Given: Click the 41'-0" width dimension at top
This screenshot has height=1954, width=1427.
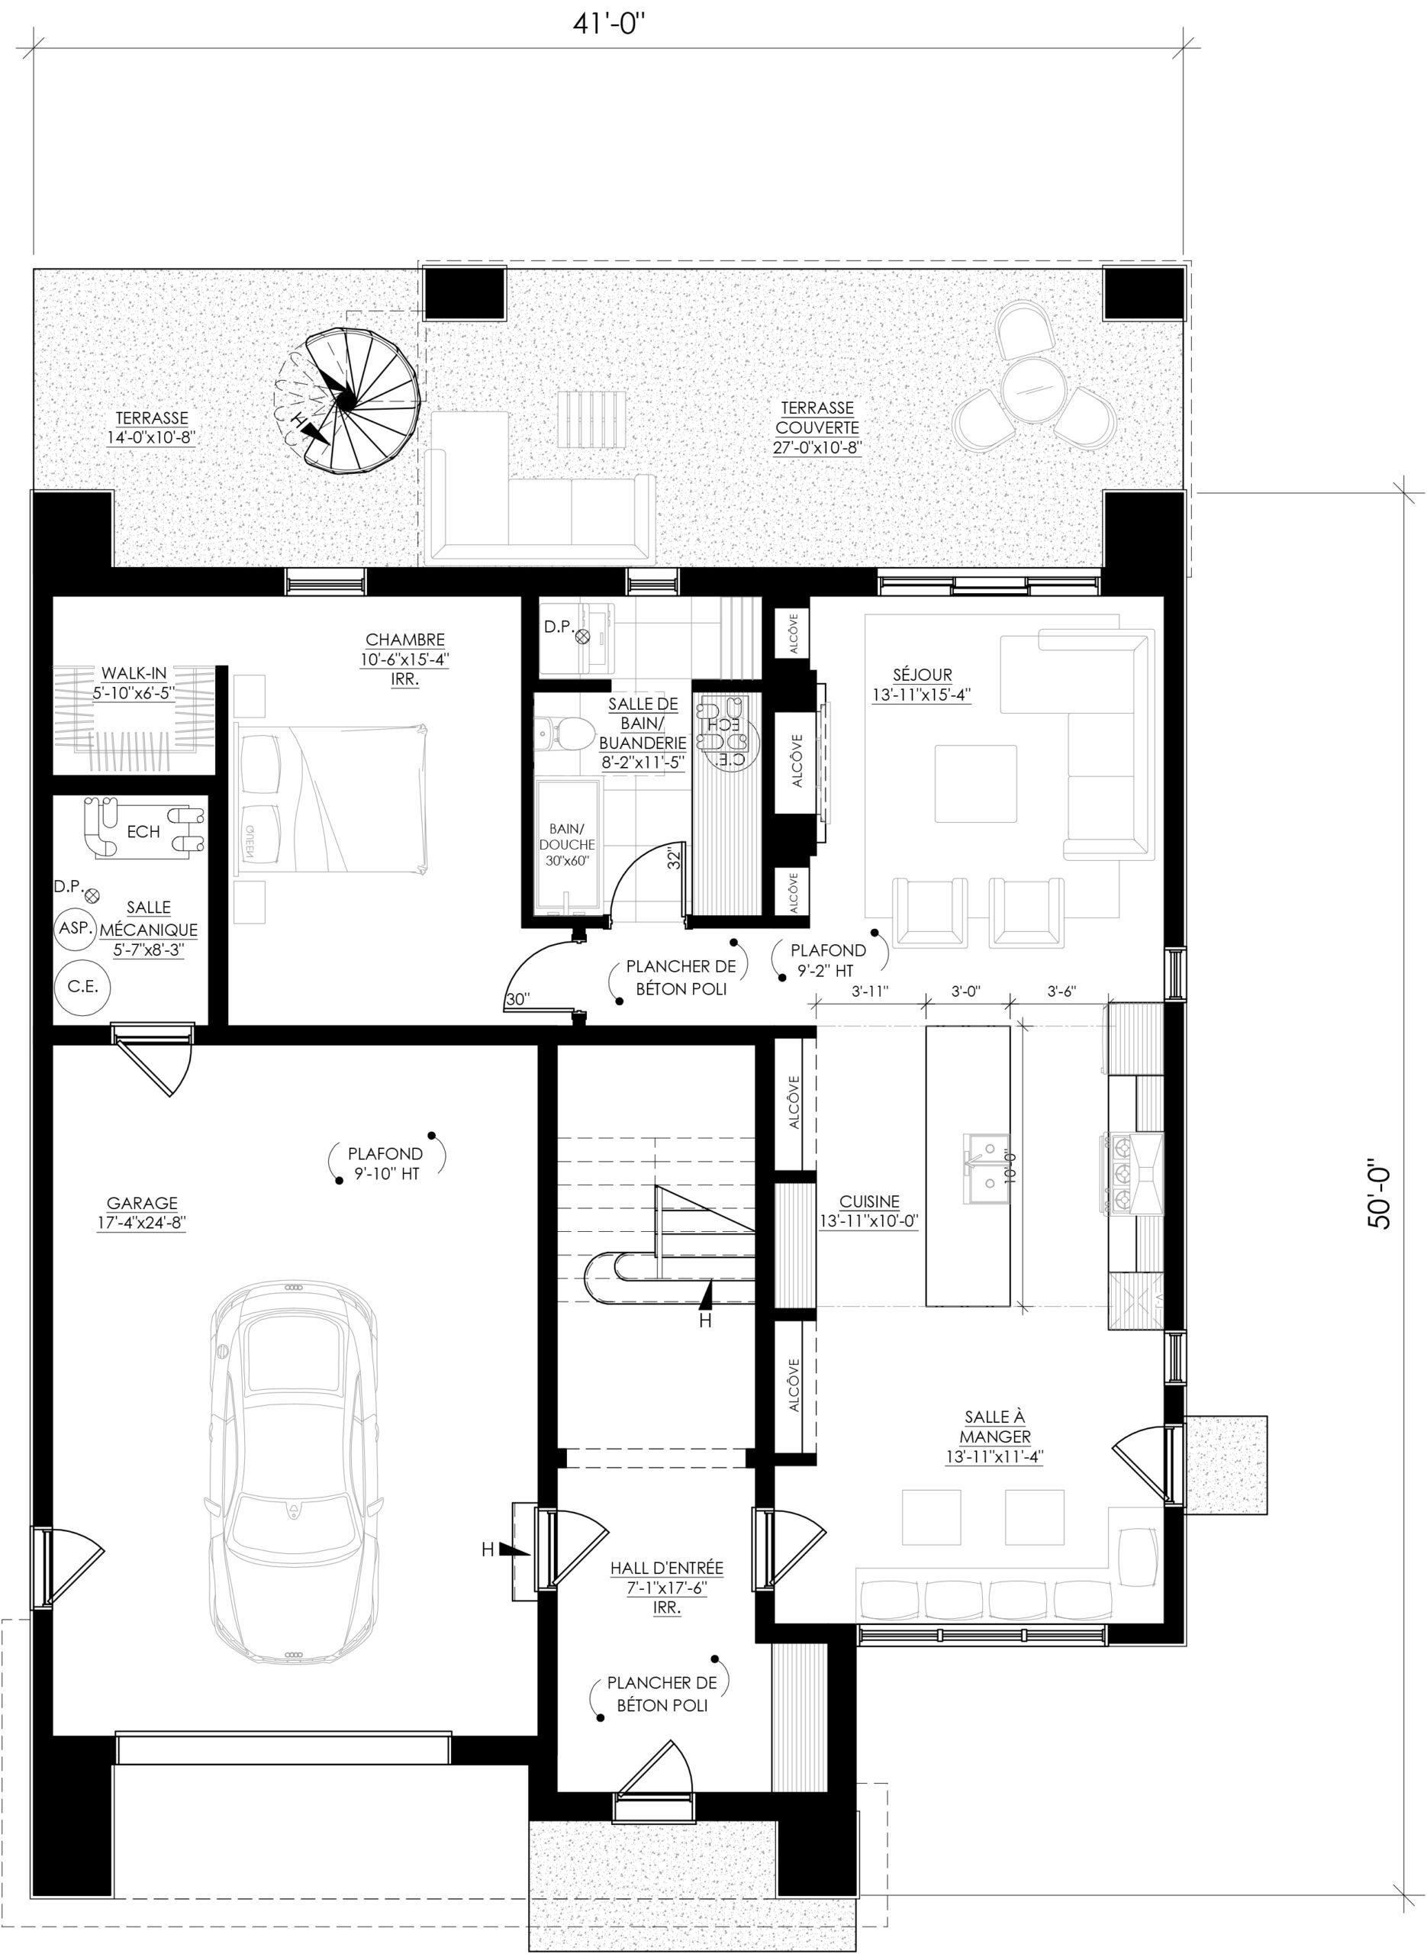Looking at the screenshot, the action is pos(609,24).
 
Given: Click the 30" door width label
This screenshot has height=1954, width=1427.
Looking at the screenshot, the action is pos(517,998).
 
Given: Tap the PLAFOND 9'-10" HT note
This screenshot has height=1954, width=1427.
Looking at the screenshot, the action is pos(386,1162).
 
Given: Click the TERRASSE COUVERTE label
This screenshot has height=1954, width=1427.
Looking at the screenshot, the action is pos(817,427).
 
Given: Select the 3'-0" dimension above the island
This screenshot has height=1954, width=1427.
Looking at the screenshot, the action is pos(966,992).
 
